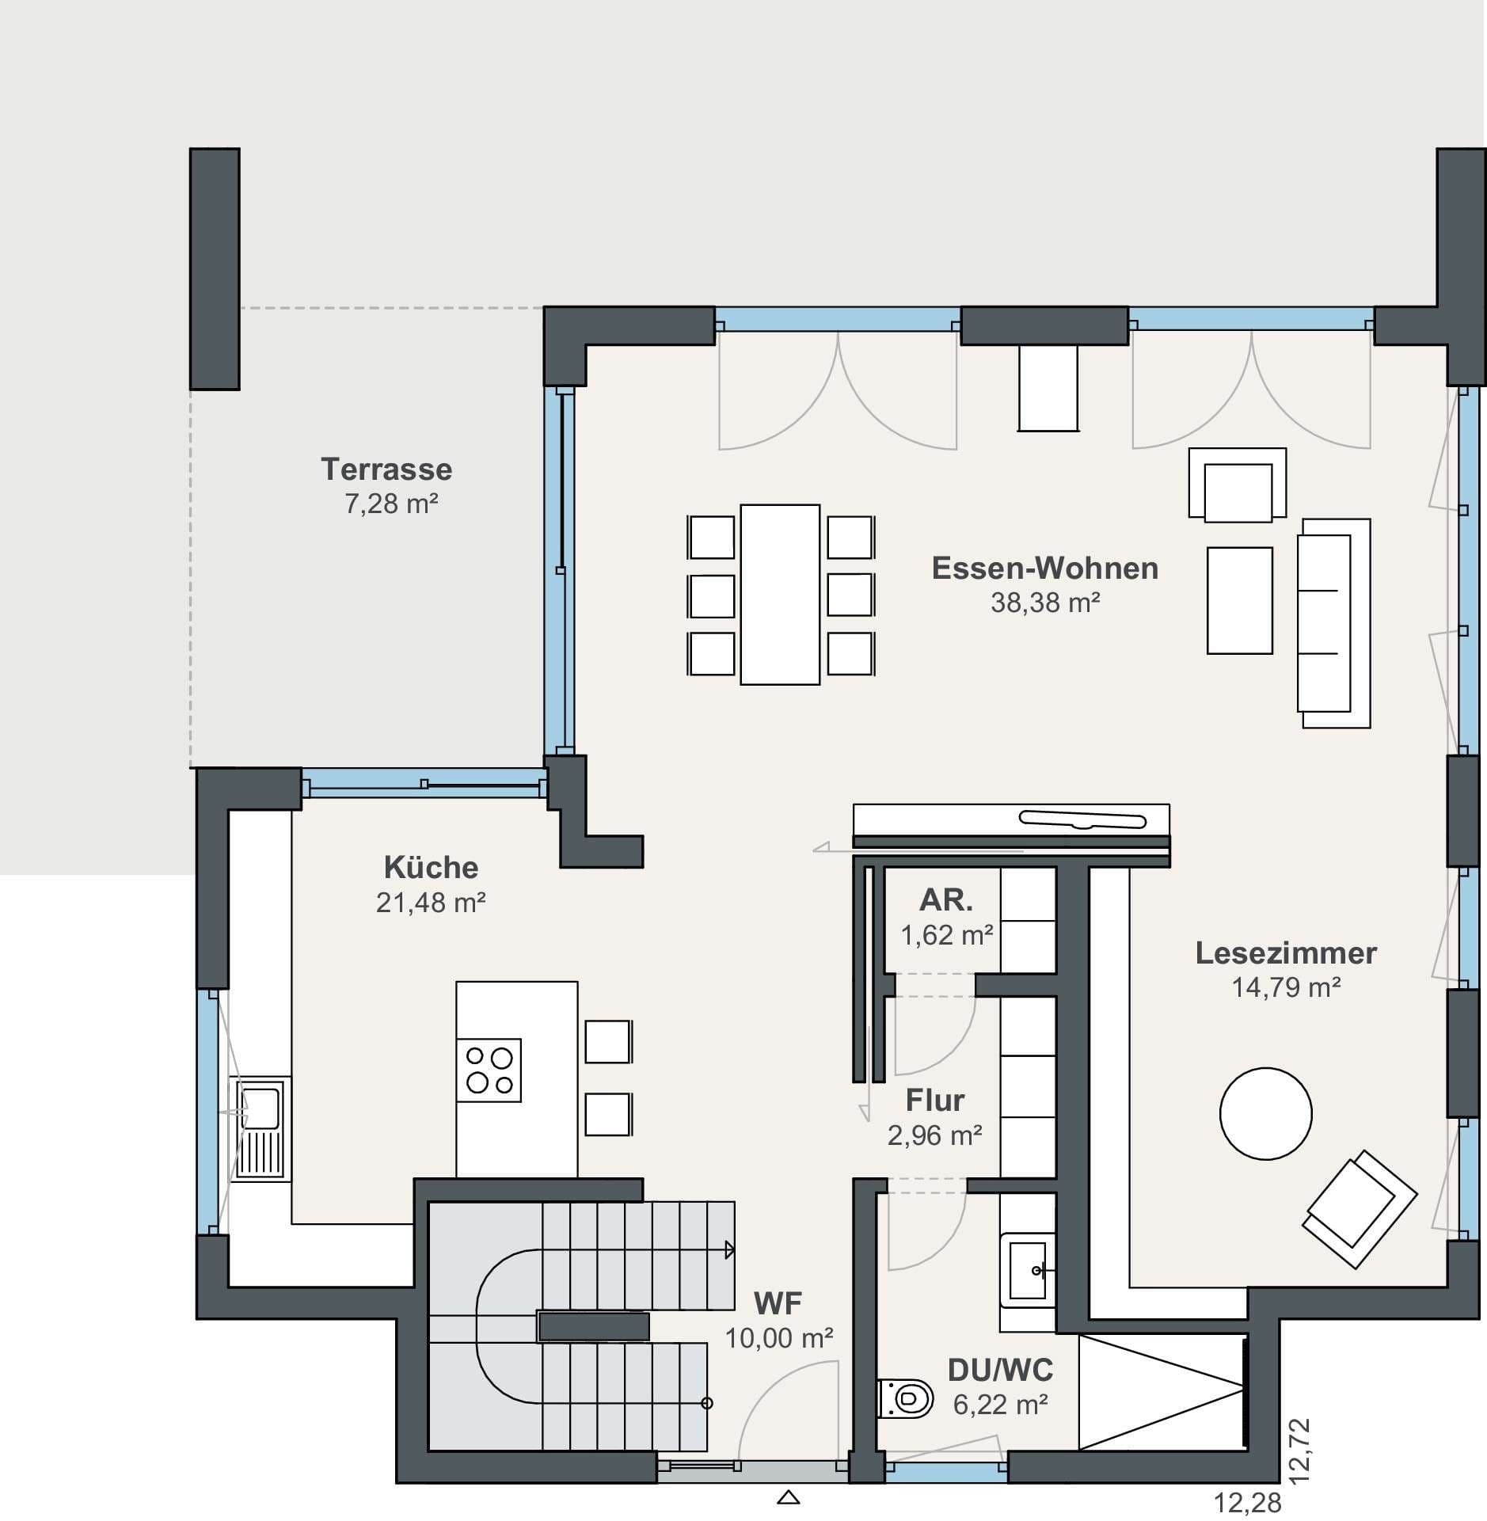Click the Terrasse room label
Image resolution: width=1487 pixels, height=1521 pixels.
point(386,470)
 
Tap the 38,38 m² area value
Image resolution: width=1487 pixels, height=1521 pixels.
point(1045,603)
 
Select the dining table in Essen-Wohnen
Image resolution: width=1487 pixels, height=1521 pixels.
point(780,595)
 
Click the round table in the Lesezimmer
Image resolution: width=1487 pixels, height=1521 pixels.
point(1265,1113)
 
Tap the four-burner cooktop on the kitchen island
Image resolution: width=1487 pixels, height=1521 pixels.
point(489,1070)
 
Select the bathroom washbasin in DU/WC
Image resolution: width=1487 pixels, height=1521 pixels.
point(1029,1271)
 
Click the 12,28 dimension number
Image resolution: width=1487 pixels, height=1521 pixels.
point(1247,1502)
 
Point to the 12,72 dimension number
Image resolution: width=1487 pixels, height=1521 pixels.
point(1299,1451)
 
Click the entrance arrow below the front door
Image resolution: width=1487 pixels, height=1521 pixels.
point(789,1498)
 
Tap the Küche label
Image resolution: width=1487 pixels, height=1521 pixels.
point(431,868)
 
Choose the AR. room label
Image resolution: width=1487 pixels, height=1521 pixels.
point(946,900)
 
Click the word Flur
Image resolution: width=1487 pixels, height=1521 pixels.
point(935,1101)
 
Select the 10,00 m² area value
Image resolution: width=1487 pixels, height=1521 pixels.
point(779,1338)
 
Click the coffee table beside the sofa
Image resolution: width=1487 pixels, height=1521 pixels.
point(1239,600)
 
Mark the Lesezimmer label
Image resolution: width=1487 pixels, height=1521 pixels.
point(1286,953)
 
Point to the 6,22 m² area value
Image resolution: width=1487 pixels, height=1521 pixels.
point(1001,1405)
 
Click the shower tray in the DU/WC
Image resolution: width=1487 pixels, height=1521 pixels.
point(1161,1392)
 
